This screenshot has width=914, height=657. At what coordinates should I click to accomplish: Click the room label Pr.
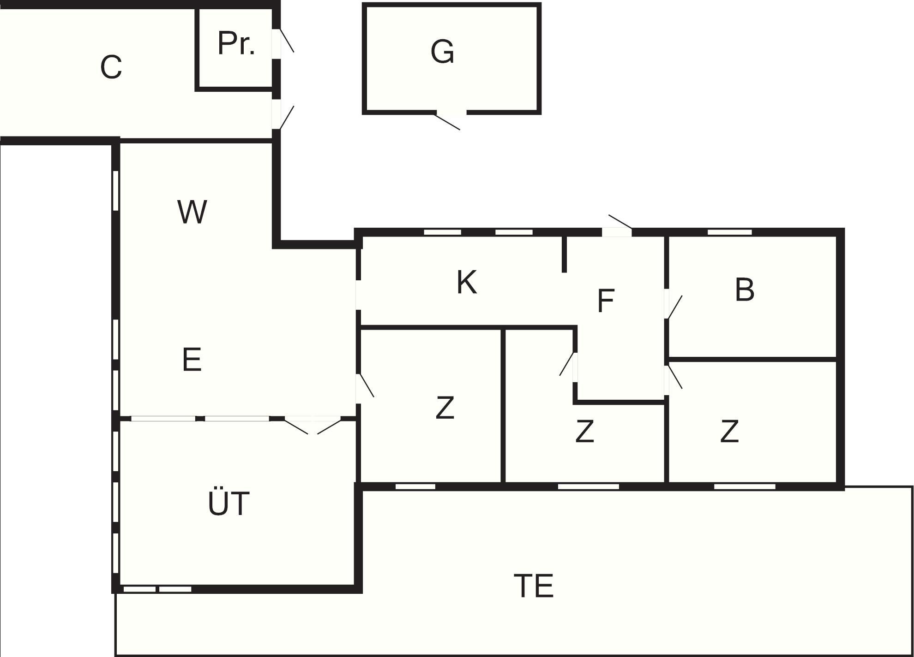(x=236, y=43)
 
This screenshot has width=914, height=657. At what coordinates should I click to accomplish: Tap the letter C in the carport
(x=111, y=67)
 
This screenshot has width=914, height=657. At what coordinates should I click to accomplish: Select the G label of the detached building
(x=442, y=51)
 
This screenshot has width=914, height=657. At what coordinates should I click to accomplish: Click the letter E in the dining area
(x=192, y=359)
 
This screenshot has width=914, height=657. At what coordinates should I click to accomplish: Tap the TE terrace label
(x=533, y=586)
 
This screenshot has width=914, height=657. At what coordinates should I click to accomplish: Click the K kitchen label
(x=467, y=282)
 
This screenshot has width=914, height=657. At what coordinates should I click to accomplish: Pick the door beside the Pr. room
(x=283, y=41)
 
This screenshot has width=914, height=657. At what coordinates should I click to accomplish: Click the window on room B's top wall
(x=729, y=232)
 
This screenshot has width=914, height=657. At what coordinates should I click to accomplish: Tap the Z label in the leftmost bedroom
(x=445, y=408)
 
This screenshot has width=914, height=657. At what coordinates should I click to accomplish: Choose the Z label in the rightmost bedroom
(x=729, y=431)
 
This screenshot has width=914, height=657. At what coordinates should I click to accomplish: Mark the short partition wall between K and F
(x=564, y=254)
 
